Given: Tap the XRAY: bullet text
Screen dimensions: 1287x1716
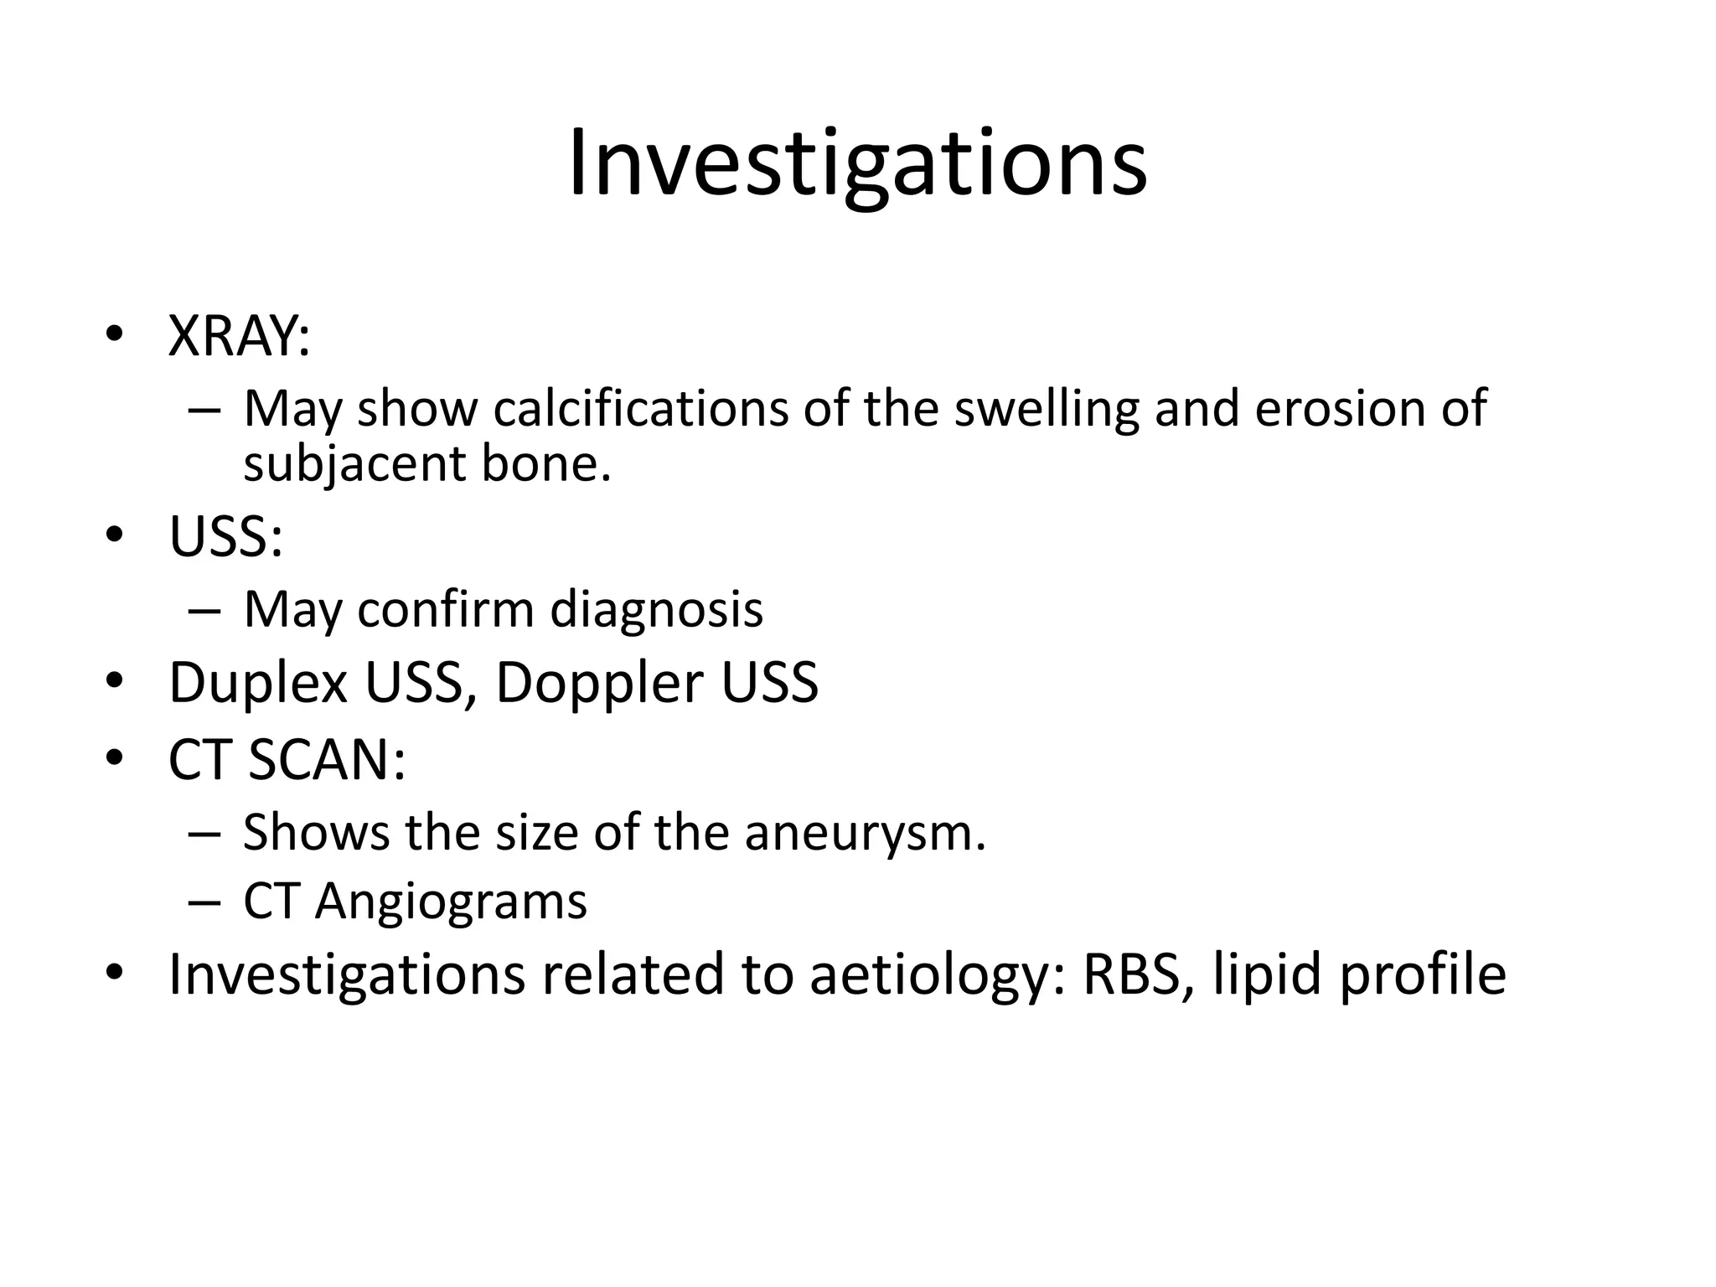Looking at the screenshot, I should [x=239, y=336].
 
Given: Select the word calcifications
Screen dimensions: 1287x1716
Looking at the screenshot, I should [x=640, y=409].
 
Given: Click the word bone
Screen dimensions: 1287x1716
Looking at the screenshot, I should [x=545, y=464].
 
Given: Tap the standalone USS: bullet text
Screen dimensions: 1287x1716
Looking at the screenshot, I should [x=225, y=537].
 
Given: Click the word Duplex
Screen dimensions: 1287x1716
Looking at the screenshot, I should [x=258, y=683].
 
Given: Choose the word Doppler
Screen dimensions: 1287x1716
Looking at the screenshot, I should [x=599, y=683].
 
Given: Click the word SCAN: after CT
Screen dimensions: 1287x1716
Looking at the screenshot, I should [x=327, y=760].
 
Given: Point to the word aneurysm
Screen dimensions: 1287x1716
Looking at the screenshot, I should [x=864, y=833].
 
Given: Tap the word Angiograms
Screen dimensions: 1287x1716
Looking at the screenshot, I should [x=451, y=902].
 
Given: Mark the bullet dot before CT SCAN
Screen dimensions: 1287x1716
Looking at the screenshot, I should [x=115, y=758].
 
